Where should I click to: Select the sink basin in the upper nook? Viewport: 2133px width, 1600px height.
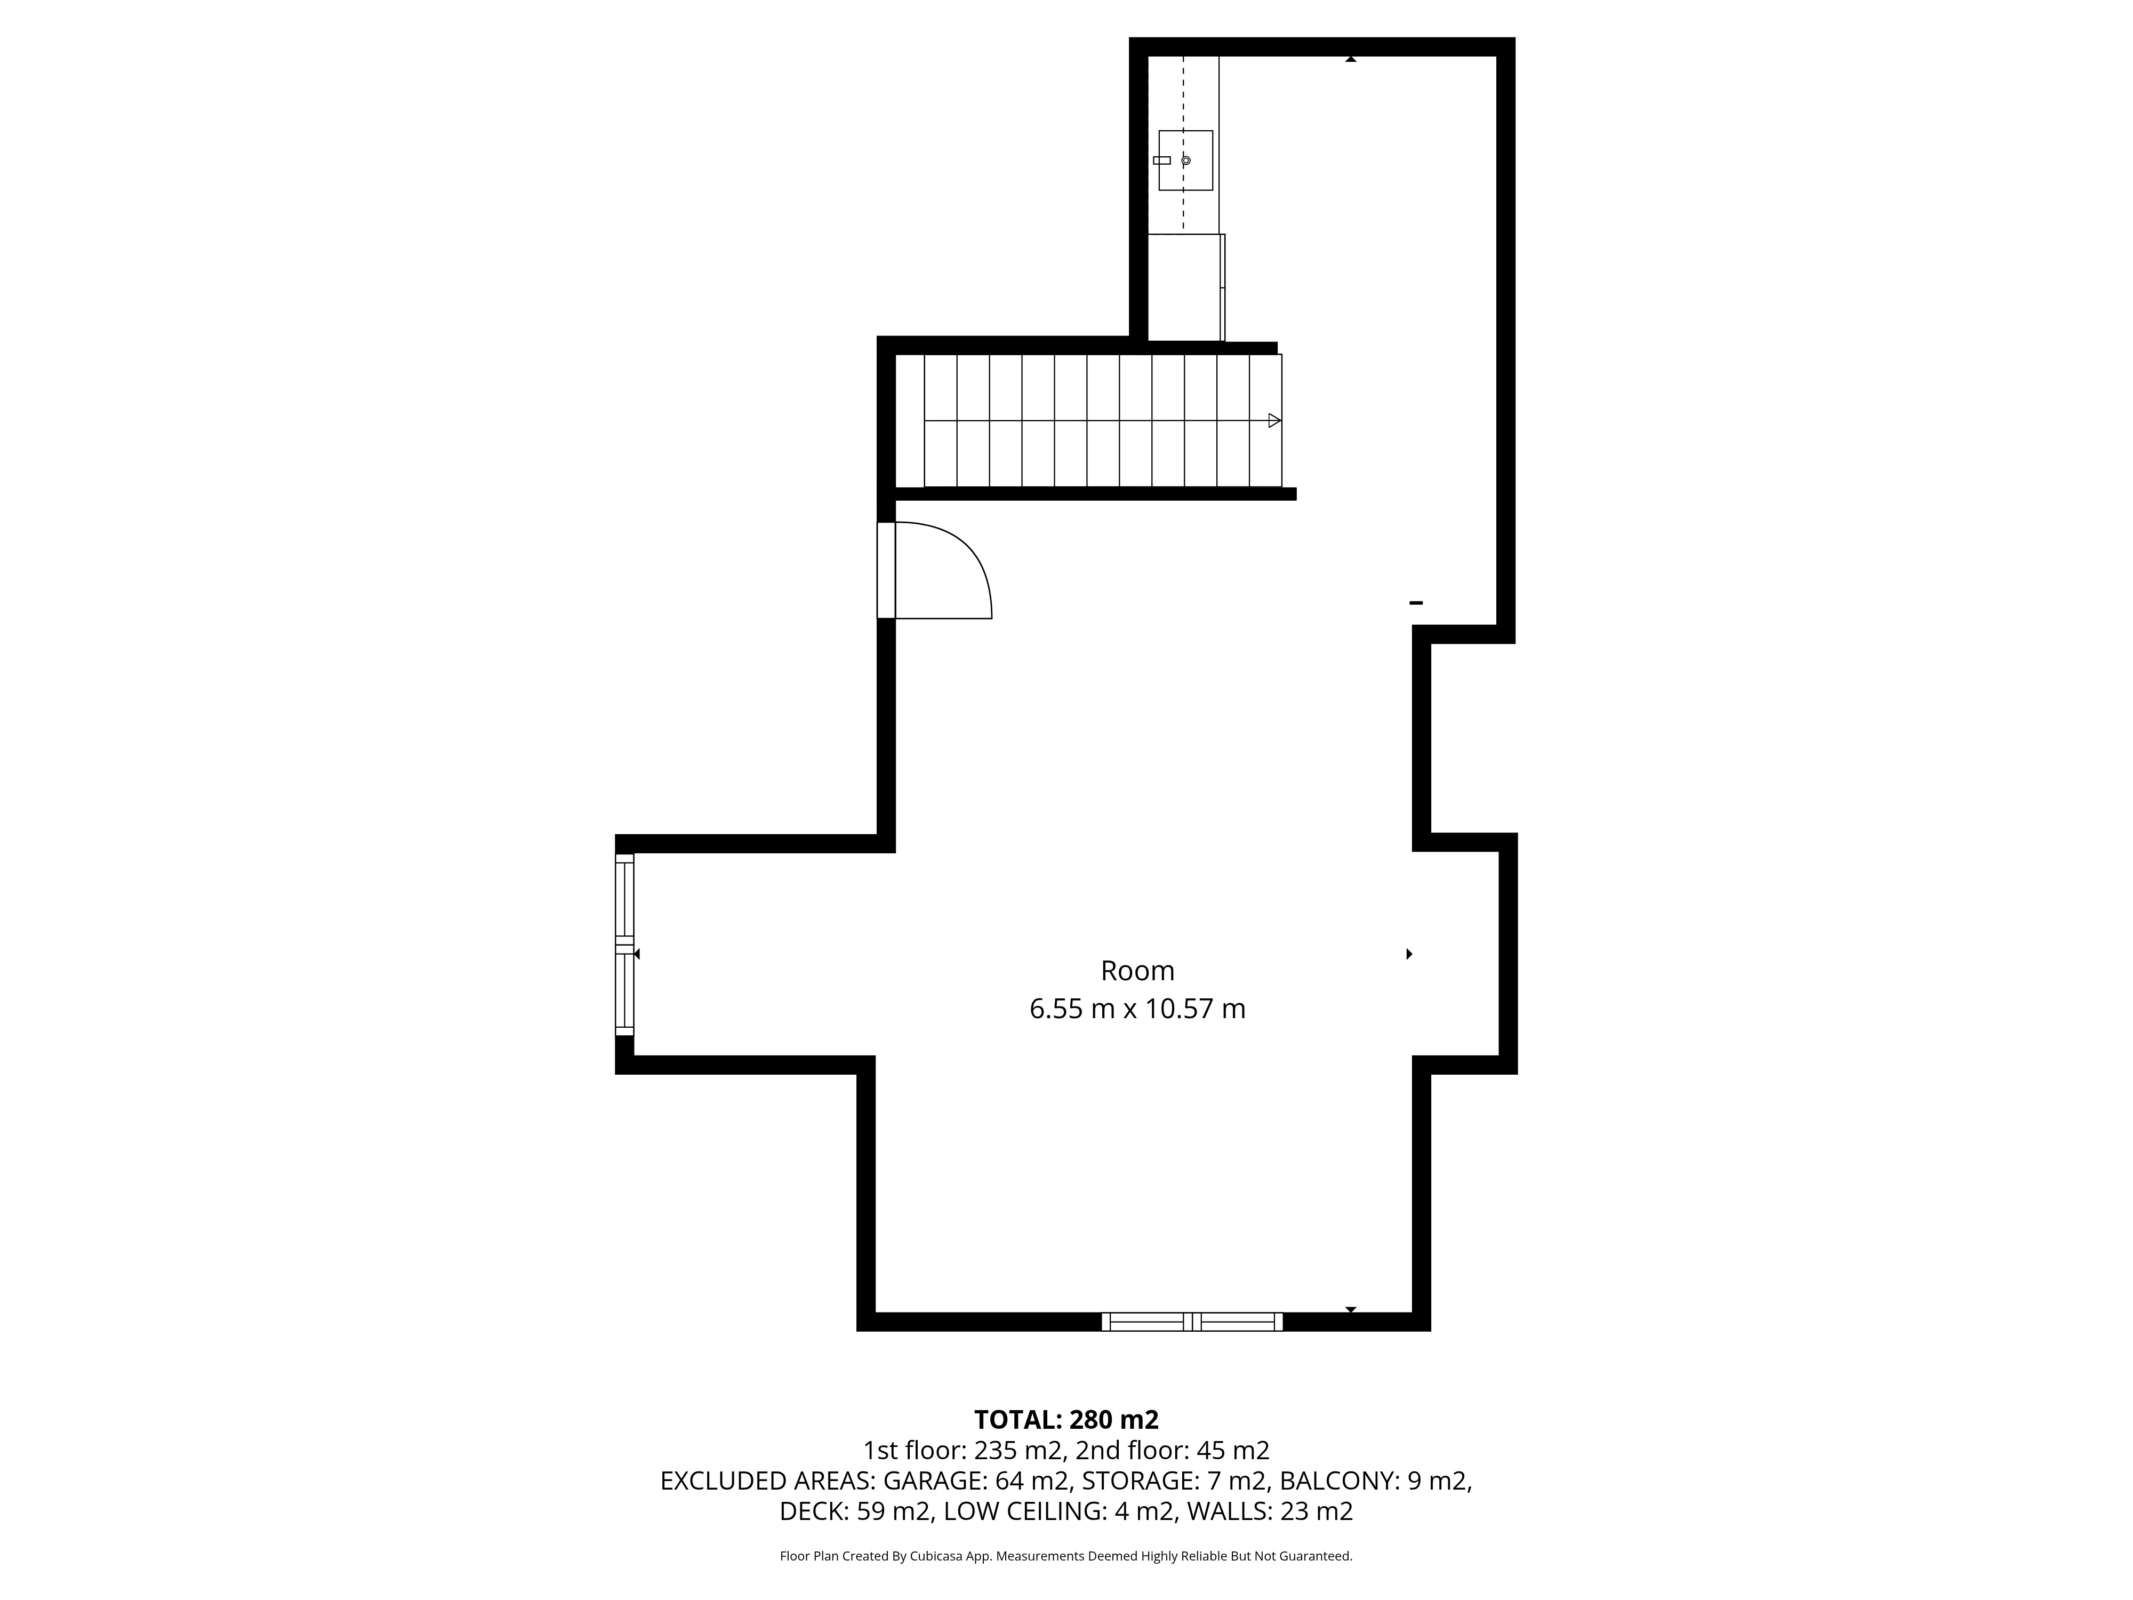pyautogui.click(x=1185, y=160)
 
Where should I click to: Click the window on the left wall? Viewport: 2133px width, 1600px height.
pyautogui.click(x=625, y=944)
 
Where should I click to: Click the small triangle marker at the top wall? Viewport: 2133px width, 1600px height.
pyautogui.click(x=1351, y=60)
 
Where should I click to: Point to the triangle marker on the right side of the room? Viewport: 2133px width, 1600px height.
pyautogui.click(x=1410, y=954)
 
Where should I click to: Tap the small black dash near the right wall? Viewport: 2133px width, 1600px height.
pyautogui.click(x=1416, y=603)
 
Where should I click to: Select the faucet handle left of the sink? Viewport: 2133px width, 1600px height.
pyautogui.click(x=1162, y=160)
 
